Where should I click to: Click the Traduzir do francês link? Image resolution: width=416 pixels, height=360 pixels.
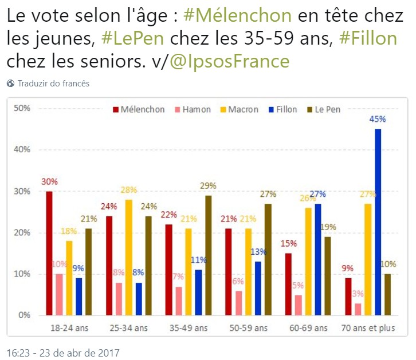(53, 84)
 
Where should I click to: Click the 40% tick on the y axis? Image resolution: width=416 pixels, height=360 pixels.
(23, 150)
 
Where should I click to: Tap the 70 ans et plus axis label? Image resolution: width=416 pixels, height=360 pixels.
(369, 328)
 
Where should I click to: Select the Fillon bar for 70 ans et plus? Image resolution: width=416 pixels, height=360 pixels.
(378, 222)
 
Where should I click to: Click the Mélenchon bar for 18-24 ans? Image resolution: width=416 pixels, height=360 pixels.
(49, 253)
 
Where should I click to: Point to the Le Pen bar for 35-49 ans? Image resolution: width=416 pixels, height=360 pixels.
(207, 255)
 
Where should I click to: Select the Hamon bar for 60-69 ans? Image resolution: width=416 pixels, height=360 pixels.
(298, 304)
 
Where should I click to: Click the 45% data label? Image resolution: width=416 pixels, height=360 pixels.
(378, 120)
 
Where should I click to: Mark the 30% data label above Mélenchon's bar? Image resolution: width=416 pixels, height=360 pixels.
(49, 182)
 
